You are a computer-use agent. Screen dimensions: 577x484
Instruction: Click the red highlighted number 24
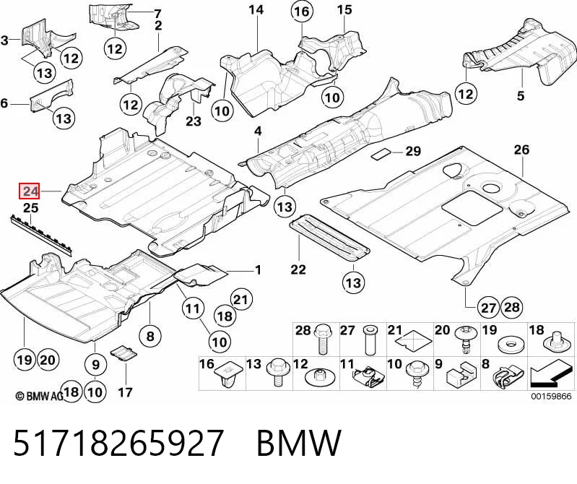(30, 191)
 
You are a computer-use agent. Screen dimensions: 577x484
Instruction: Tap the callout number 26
(521, 150)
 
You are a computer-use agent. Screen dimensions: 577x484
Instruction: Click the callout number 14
(256, 9)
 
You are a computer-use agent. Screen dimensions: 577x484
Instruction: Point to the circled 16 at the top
(302, 12)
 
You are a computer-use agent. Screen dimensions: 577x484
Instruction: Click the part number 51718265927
(118, 443)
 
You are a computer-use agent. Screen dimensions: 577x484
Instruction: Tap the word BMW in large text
(299, 443)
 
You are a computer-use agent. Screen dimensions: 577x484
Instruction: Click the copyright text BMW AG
(40, 396)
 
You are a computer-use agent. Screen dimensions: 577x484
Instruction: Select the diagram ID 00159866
(551, 397)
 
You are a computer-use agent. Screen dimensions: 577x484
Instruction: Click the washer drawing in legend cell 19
(510, 345)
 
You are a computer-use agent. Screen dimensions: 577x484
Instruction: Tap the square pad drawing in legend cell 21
(414, 341)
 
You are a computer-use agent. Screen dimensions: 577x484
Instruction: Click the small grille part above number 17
(123, 353)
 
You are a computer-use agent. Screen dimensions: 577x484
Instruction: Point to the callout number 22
(298, 269)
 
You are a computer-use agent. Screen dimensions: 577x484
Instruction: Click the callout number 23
(194, 121)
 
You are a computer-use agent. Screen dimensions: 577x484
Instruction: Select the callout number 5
(520, 95)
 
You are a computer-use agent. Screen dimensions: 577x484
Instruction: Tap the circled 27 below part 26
(488, 307)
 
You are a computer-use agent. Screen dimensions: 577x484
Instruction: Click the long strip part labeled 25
(41, 234)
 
